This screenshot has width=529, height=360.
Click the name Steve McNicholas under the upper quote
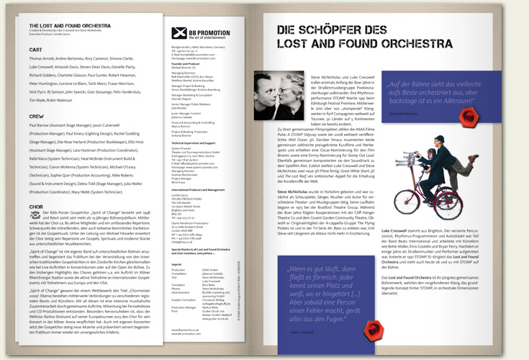pyautogui.click(x=424, y=113)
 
